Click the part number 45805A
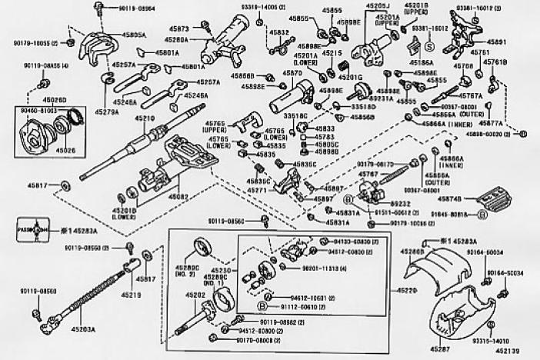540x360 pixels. pos(134,35)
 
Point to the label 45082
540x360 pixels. pos(178,197)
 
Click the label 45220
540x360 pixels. pos(409,291)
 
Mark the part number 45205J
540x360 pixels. pos(377,6)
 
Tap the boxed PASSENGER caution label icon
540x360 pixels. pos(31,229)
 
